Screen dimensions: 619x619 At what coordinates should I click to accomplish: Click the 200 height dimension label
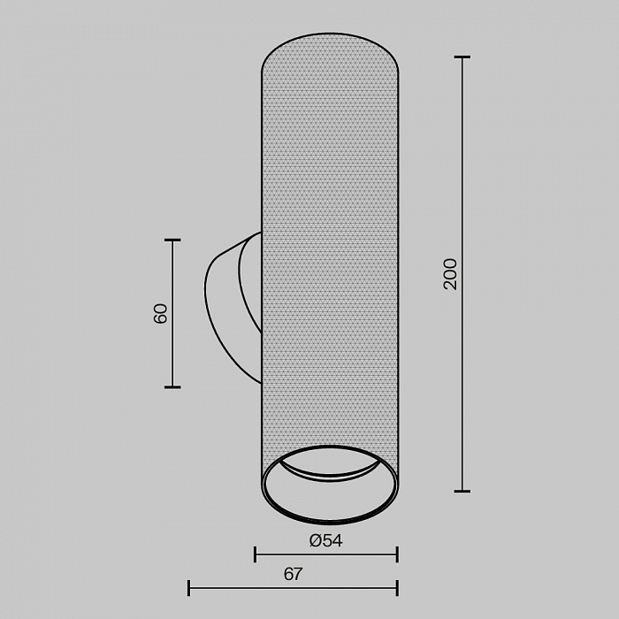click(450, 274)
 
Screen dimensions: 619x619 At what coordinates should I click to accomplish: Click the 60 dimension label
click(160, 314)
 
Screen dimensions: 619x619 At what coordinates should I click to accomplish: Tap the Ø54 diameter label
click(325, 540)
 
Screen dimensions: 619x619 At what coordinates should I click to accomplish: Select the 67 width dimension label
click(293, 574)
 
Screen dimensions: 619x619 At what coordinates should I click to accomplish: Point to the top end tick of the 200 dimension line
click(462, 57)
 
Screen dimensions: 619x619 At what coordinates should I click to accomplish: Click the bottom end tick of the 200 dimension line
click(462, 491)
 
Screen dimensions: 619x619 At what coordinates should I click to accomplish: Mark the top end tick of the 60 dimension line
click(172, 240)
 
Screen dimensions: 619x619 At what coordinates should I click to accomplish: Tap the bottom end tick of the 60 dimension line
click(172, 387)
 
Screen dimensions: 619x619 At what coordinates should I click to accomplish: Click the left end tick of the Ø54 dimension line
click(256, 554)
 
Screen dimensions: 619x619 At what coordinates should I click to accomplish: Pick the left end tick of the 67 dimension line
click(188, 588)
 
